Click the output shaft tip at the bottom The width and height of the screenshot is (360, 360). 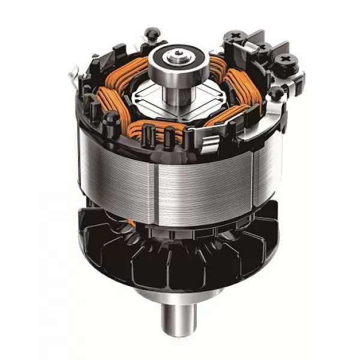point(179,330)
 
